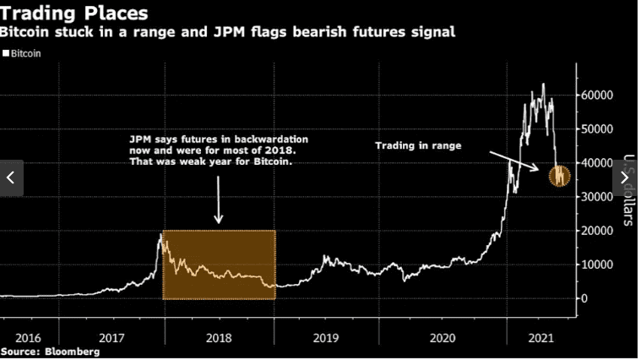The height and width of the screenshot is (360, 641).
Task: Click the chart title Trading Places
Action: [x=74, y=14]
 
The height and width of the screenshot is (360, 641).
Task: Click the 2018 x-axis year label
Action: [x=219, y=337]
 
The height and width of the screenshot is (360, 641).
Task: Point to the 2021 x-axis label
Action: [x=541, y=337]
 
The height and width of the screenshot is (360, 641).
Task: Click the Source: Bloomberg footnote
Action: [x=49, y=351]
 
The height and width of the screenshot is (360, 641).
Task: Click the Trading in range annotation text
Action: [x=419, y=146]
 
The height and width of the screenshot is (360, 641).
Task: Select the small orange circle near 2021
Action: [x=559, y=176]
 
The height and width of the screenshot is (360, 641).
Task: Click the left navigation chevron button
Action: [x=11, y=177]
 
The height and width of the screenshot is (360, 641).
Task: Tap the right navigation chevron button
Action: [x=626, y=177]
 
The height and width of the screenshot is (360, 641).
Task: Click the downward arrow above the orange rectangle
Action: [x=218, y=199]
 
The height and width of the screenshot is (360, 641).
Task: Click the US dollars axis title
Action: [x=627, y=190]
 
